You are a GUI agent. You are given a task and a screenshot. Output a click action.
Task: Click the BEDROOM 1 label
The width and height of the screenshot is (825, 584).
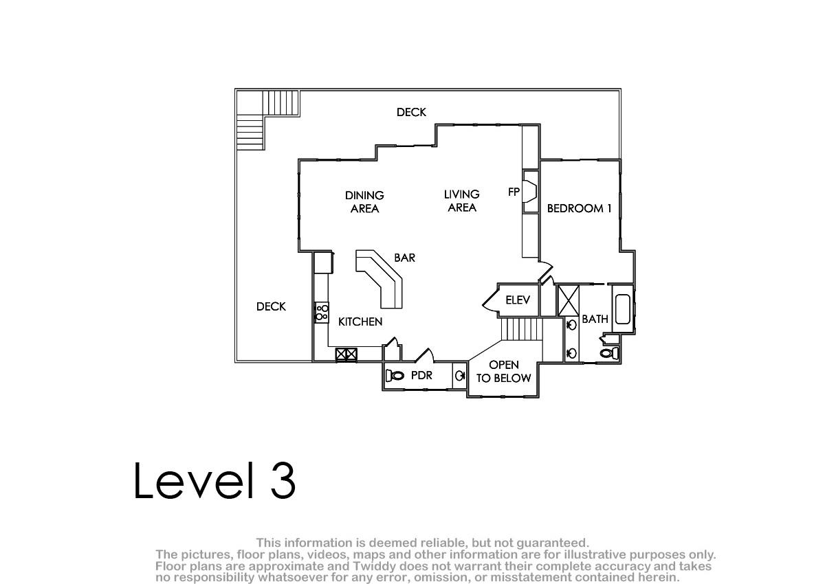click(x=579, y=208)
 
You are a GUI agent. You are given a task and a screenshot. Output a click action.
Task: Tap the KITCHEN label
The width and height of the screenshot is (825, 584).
click(x=360, y=322)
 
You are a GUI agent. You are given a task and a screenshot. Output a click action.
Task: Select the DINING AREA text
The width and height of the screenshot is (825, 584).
click(x=364, y=202)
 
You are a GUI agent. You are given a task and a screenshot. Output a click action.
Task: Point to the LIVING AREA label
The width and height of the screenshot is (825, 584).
click(x=462, y=201)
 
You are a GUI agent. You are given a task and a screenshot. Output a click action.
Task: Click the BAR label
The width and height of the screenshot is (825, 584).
click(x=405, y=258)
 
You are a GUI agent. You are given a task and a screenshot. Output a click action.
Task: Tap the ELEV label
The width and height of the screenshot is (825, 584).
click(x=518, y=300)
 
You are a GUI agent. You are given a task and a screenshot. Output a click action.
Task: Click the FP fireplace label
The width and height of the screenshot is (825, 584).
click(x=514, y=192)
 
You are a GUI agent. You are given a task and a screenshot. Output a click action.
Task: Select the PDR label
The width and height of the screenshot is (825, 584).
click(x=421, y=375)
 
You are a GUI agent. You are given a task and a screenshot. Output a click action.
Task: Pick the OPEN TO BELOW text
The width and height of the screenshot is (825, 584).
click(x=504, y=371)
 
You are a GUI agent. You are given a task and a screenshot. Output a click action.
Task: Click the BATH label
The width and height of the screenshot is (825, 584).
click(x=595, y=319)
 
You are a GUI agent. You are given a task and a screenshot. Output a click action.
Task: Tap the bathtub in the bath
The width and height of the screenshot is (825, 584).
click(x=623, y=309)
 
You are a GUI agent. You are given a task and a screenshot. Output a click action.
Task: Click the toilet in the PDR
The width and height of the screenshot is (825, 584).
click(x=394, y=376)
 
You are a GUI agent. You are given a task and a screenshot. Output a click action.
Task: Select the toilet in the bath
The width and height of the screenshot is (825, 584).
click(x=610, y=353)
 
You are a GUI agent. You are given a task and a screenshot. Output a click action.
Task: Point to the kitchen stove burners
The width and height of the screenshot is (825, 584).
click(x=322, y=313)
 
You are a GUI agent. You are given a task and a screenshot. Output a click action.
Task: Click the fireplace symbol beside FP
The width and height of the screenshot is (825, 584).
click(x=530, y=192)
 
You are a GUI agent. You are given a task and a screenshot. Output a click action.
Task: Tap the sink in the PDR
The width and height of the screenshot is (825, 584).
click(x=459, y=376)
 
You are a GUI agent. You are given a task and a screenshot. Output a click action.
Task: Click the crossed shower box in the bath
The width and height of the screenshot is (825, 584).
click(x=569, y=300)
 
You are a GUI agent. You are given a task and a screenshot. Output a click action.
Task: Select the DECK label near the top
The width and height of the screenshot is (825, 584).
click(x=411, y=112)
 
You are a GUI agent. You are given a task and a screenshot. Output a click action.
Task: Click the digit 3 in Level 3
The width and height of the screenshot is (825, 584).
click(x=283, y=480)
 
